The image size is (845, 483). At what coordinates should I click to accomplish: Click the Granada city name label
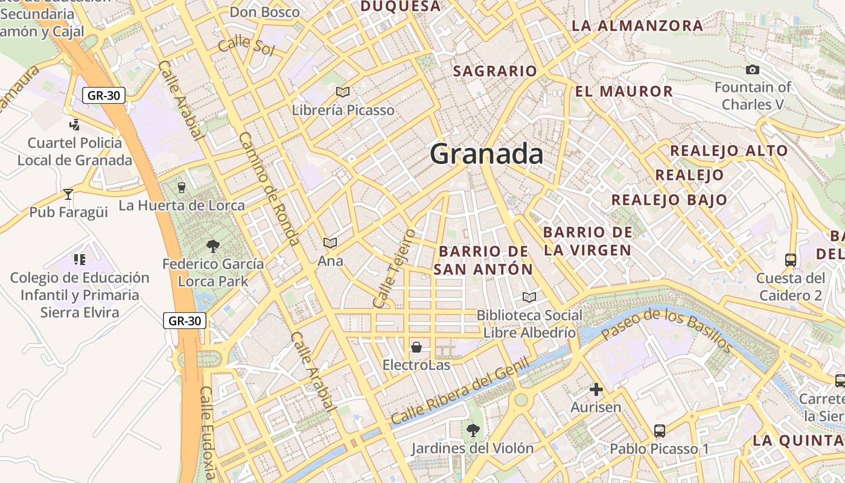[x=486, y=155]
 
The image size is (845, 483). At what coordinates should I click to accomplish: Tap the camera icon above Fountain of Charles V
[x=752, y=70]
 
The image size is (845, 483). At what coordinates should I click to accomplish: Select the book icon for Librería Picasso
[x=343, y=92]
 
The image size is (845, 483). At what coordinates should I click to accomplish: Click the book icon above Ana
[x=330, y=243]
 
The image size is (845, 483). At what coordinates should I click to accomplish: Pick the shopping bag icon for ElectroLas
[x=416, y=347]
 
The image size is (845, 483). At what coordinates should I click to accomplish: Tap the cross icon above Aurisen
[x=596, y=389]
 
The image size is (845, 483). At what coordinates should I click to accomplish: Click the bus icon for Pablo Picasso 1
[x=660, y=431]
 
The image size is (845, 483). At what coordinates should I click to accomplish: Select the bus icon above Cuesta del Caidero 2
[x=791, y=260]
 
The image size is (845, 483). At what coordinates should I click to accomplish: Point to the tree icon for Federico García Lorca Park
[x=212, y=246]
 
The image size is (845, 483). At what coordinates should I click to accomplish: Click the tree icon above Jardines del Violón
[x=473, y=430]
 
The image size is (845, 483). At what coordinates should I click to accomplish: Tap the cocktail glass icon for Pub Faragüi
[x=68, y=194]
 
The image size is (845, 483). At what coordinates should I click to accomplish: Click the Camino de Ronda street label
[x=270, y=188]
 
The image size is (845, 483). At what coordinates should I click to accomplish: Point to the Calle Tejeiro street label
[x=395, y=268]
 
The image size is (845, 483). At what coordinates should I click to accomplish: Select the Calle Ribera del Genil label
[x=460, y=391]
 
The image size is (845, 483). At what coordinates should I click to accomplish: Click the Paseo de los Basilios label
[x=666, y=330]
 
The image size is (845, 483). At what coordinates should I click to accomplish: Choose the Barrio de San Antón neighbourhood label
[x=483, y=260]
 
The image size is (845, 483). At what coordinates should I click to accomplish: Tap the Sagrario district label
[x=495, y=71]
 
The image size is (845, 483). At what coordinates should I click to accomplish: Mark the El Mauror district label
[x=623, y=92]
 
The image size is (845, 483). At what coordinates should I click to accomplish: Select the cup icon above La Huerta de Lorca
[x=181, y=187]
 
